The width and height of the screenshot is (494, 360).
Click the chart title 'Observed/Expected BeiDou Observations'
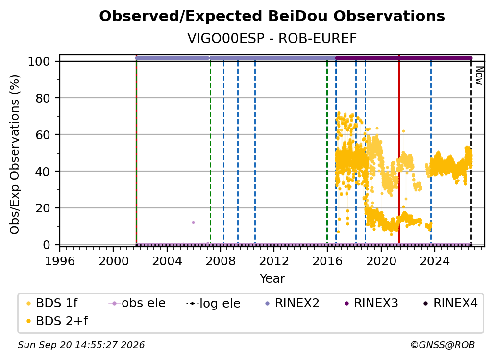tap(272, 16)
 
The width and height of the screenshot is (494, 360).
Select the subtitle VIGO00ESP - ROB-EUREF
tap(272, 38)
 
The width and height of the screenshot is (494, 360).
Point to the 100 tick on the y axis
tap(39, 61)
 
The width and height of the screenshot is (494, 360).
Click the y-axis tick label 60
tap(43, 135)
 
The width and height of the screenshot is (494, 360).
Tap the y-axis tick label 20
tap(43, 208)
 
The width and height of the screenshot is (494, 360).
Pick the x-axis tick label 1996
tap(60, 261)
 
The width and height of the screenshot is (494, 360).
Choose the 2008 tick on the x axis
tap(220, 261)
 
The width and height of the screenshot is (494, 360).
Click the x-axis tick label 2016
tap(327, 261)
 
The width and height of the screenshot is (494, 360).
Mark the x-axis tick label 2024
tap(434, 261)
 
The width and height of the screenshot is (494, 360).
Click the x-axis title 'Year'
tap(272, 279)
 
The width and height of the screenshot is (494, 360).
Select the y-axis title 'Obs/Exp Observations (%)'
tap(15, 154)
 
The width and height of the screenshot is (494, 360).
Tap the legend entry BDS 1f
tap(52, 303)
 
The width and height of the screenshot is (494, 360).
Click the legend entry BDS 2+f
tap(57, 321)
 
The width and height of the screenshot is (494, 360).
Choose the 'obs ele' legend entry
tap(137, 303)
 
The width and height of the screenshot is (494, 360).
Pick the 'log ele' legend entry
tap(213, 303)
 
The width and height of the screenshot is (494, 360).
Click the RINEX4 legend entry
tap(451, 303)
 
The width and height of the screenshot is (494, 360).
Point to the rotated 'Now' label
tap(479, 76)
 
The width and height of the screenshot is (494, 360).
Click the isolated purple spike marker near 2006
tap(193, 223)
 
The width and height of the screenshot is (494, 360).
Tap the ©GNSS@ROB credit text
tap(443, 345)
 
